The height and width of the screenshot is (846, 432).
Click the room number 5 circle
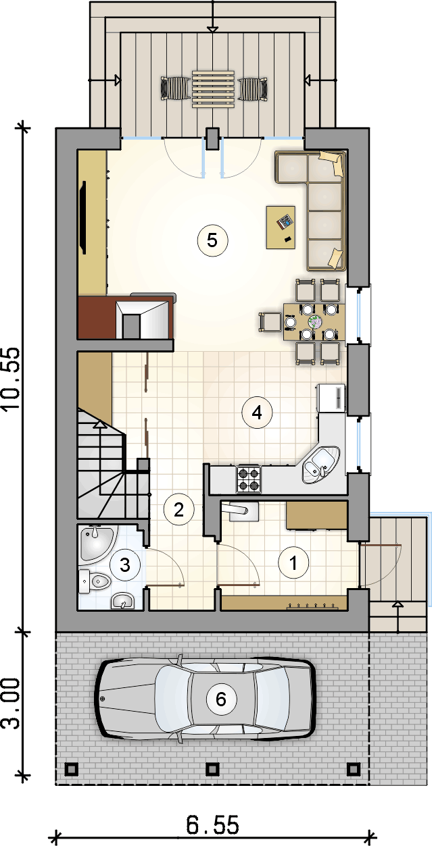[212, 240]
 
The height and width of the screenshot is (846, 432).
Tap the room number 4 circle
[257, 413]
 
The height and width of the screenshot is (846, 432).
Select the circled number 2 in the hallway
[179, 510]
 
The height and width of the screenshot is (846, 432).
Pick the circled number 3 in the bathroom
[125, 565]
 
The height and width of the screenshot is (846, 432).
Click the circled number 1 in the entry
[293, 563]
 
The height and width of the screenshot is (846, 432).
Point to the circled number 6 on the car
[221, 699]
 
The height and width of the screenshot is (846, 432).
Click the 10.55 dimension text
[11, 378]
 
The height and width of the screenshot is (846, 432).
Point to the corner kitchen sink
[320, 465]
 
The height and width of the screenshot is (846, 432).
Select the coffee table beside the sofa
[281, 228]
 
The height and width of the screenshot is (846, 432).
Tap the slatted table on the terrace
[214, 89]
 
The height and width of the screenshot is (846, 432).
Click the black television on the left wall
[82, 217]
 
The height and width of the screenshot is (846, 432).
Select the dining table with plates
[314, 322]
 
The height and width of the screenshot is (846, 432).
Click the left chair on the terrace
[176, 88]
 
